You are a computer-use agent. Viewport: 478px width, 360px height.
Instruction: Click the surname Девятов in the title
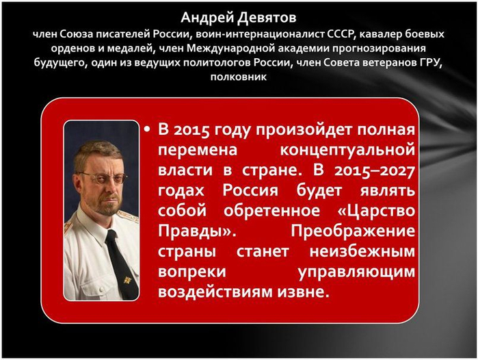pyautogui.click(x=267, y=18)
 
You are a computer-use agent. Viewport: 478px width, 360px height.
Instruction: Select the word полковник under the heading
pyautogui.click(x=239, y=77)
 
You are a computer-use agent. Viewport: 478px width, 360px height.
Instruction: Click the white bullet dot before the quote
pyautogui.click(x=148, y=130)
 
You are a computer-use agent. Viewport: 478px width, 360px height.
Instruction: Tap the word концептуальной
pyautogui.click(x=347, y=151)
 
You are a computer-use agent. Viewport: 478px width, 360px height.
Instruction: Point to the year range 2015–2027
pyautogui.click(x=375, y=170)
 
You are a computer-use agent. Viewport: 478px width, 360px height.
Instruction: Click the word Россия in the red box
pyautogui.click(x=250, y=191)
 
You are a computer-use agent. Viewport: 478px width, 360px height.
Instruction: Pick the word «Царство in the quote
pyautogui.click(x=377, y=211)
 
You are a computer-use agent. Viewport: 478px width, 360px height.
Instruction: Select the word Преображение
pyautogui.click(x=353, y=231)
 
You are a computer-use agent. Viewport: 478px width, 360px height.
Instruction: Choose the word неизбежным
pyautogui.click(x=362, y=251)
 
